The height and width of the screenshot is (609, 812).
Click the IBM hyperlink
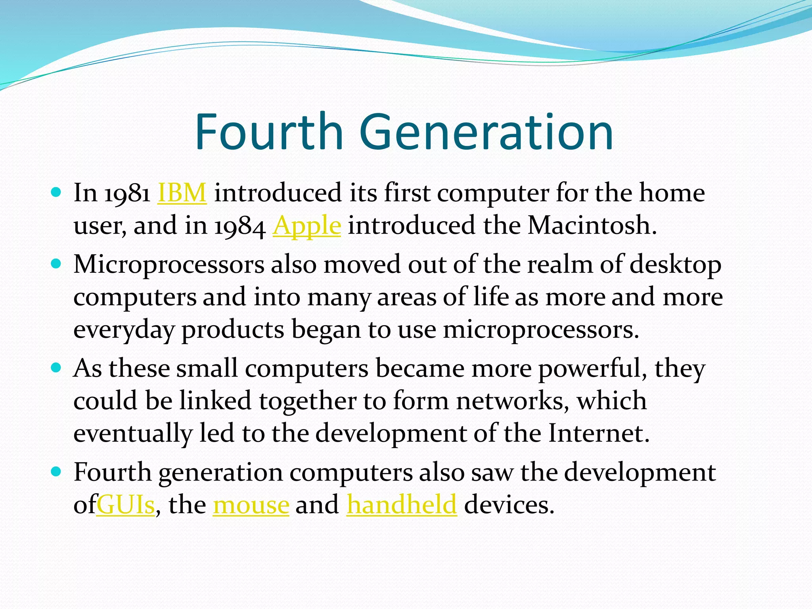click(x=182, y=193)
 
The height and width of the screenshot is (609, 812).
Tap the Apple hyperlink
click(x=306, y=226)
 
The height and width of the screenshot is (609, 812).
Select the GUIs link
click(x=125, y=505)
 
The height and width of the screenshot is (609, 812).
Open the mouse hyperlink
click(x=251, y=505)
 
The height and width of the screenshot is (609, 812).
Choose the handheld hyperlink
click(x=402, y=505)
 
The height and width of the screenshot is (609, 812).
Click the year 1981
click(x=127, y=193)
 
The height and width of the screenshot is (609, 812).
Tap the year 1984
click(x=240, y=226)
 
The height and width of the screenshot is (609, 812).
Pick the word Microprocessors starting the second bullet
click(x=169, y=265)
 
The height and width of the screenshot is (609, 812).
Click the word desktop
click(x=675, y=265)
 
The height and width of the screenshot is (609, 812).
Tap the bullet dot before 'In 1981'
click(x=56, y=193)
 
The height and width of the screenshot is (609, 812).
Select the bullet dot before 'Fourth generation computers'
click(x=56, y=472)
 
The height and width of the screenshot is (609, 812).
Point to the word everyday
click(x=124, y=330)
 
